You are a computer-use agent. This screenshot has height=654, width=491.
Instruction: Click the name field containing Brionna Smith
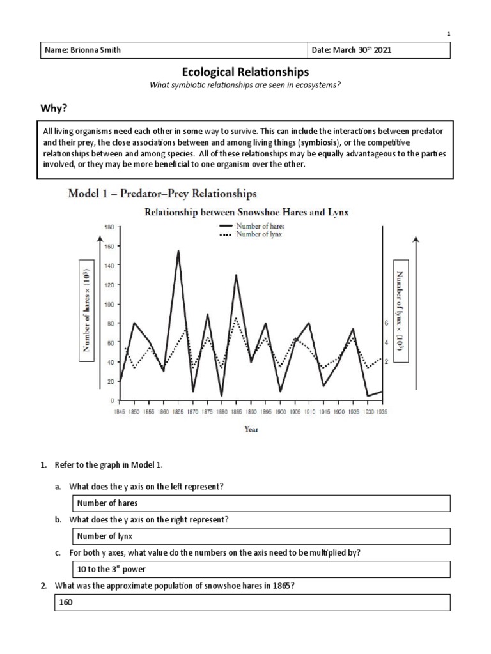[x=173, y=50]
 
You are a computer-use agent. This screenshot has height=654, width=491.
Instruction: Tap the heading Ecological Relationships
[x=245, y=73]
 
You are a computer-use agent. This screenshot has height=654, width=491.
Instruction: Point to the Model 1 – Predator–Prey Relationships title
[x=162, y=193]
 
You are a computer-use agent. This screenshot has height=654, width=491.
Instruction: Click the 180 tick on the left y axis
[x=108, y=227]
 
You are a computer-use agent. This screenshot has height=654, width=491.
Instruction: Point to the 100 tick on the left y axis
[x=108, y=304]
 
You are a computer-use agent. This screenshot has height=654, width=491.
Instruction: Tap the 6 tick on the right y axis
[x=386, y=324]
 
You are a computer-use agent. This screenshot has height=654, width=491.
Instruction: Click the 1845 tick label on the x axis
[x=120, y=413]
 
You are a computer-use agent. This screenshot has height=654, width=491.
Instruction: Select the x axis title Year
[x=251, y=429]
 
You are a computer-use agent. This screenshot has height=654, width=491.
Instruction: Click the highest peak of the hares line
[x=178, y=251]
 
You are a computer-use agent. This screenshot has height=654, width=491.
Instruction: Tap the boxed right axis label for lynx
[x=403, y=311]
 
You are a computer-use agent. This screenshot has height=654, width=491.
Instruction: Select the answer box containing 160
[x=262, y=602]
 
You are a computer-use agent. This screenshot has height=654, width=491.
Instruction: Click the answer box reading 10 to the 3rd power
[x=262, y=569]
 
